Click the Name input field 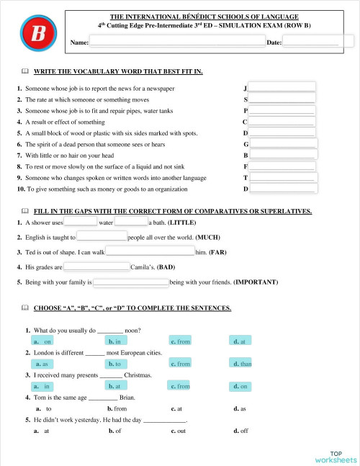point(176,42)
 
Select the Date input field point(310,42)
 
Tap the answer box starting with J point(282,87)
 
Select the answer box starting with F point(282,166)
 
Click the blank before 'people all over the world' point(102,237)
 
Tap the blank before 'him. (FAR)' point(150,252)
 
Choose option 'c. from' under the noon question point(181,341)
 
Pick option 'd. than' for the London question point(243,364)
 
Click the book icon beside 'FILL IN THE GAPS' point(24,211)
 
